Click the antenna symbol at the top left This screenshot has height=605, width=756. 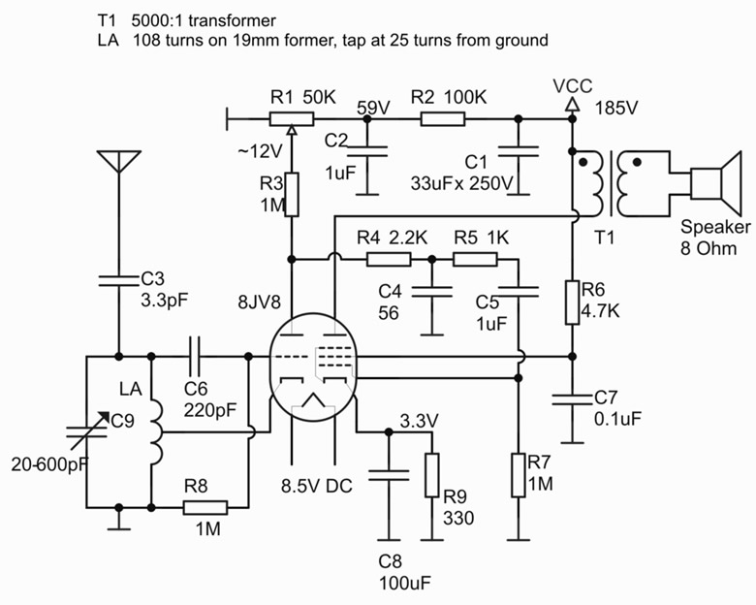(x=117, y=162)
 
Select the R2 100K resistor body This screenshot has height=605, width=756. (x=443, y=118)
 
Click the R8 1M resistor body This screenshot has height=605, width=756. (x=205, y=507)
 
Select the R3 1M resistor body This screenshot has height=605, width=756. (x=290, y=193)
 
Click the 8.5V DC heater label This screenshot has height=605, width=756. (x=316, y=486)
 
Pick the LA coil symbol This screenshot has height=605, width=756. (x=157, y=426)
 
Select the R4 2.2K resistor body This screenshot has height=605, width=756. (x=388, y=259)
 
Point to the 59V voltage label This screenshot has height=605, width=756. (x=374, y=106)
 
